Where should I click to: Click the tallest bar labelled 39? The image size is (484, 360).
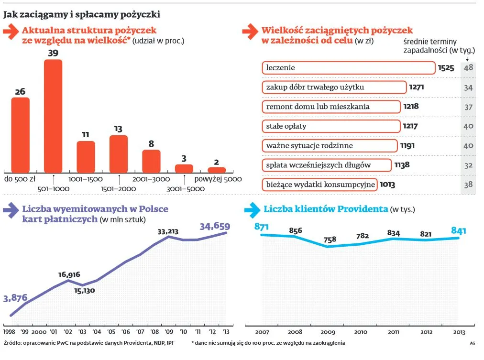pyautogui.click(x=53, y=116)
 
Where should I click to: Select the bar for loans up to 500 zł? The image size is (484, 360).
pyautogui.click(x=21, y=135)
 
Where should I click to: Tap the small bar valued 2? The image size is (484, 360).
pyautogui.click(x=217, y=170)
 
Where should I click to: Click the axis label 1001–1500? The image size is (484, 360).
pyautogui.click(x=86, y=179)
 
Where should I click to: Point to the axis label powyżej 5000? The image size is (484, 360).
pyautogui.click(x=218, y=179)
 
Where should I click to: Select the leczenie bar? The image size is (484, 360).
pyautogui.click(x=348, y=68)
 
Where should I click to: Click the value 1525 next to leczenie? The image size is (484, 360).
pyautogui.click(x=446, y=68)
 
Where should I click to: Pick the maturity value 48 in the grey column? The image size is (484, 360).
pyautogui.click(x=468, y=68)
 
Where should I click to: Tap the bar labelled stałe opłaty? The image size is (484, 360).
pyautogui.click(x=331, y=126)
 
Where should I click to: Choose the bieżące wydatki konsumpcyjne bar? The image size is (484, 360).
pyautogui.click(x=320, y=185)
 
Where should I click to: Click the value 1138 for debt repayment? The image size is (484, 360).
pyautogui.click(x=402, y=165)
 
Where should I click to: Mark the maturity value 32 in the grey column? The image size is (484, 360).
pyautogui.click(x=468, y=165)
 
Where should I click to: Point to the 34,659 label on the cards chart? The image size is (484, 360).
pyautogui.click(x=215, y=227)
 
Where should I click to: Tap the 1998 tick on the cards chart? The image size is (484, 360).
pyautogui.click(x=10, y=331)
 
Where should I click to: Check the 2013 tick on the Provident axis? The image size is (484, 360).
pyautogui.click(x=459, y=331)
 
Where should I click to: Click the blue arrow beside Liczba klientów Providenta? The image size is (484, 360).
pyautogui.click(x=252, y=210)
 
